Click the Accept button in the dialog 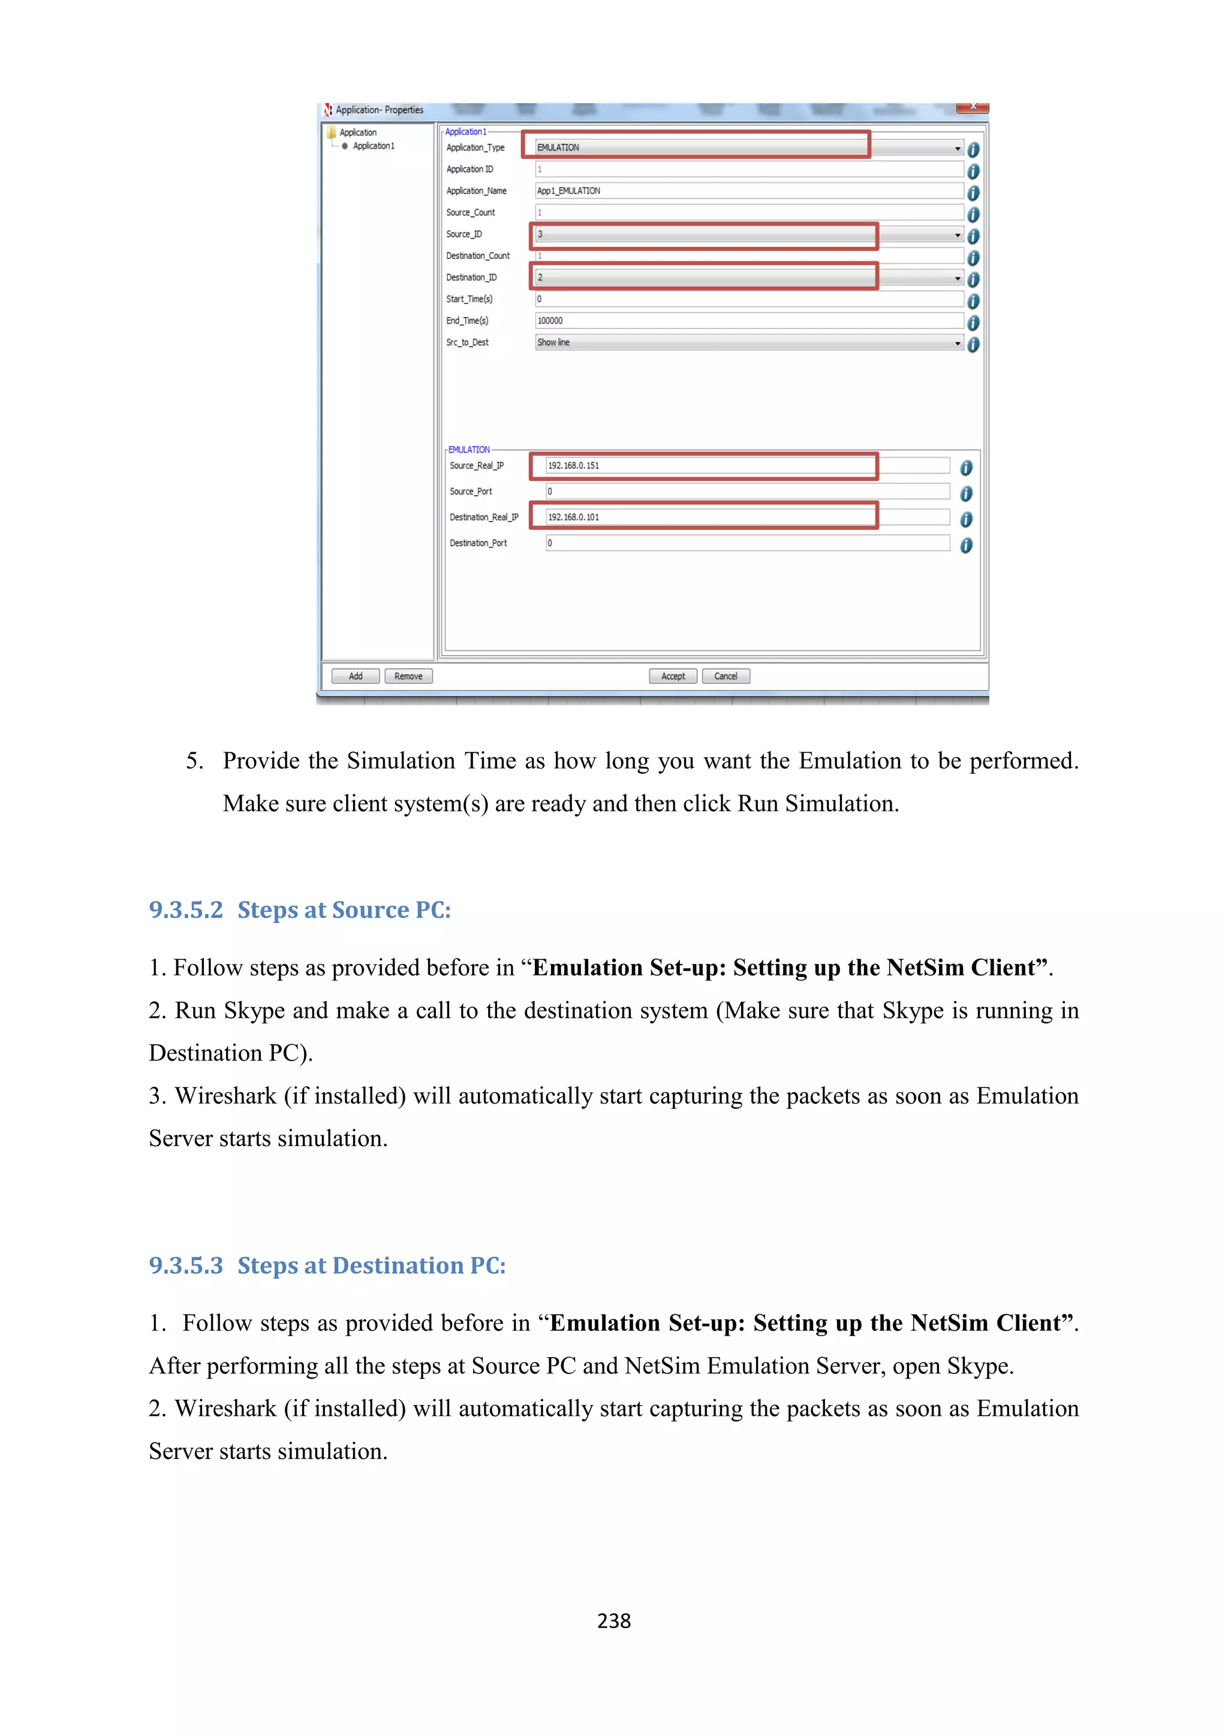[672, 676]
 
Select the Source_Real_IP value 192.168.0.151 [573, 466]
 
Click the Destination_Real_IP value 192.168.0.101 [573, 517]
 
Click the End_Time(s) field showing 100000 [748, 321]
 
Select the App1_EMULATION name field [748, 191]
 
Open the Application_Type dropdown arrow [958, 148]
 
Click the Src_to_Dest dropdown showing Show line [748, 342]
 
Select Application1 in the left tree [373, 146]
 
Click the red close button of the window [973, 107]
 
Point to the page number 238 [613, 1620]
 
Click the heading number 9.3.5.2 [186, 909]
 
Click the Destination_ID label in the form [471, 278]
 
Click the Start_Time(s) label [469, 299]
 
